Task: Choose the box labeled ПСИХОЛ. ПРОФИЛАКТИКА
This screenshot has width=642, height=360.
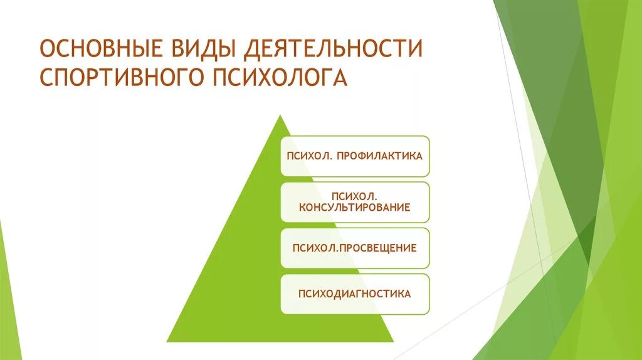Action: pyautogui.click(x=355, y=156)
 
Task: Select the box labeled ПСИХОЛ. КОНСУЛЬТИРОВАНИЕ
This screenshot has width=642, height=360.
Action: pyautogui.click(x=355, y=201)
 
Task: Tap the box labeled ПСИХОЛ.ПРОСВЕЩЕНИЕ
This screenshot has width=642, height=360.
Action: pyautogui.click(x=355, y=248)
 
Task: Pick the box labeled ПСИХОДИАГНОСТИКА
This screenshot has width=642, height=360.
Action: pyautogui.click(x=355, y=294)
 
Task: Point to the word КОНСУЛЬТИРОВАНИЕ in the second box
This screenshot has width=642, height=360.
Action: pyautogui.click(x=355, y=208)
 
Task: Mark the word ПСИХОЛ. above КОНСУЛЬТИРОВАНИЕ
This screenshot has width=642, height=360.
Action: pyautogui.click(x=355, y=196)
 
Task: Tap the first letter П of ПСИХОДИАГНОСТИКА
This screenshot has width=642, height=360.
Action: pyautogui.click(x=302, y=294)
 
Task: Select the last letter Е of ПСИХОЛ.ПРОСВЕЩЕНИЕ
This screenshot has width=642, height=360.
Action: pyautogui.click(x=413, y=248)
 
